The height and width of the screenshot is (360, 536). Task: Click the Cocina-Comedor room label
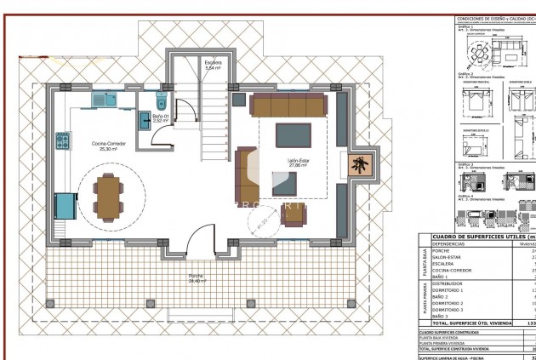coord(112,146)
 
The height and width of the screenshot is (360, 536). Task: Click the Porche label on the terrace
coord(196,277)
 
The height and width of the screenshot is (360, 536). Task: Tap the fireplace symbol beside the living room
coord(361,165)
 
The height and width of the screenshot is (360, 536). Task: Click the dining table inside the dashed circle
coord(108,197)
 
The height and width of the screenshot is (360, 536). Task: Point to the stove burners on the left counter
coord(62,140)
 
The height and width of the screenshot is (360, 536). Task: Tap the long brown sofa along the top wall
coord(288,105)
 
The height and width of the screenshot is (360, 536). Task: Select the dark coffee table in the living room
coord(292,135)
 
